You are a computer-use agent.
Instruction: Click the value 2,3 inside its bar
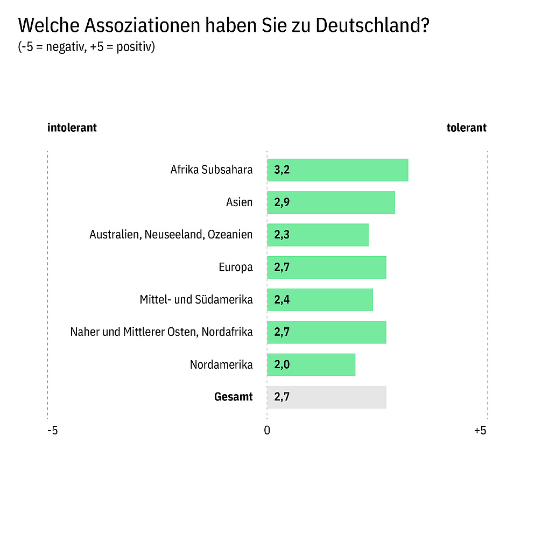pos(282,235)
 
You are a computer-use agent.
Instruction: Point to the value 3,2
pos(282,171)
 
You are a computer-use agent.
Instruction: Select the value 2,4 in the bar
pos(282,300)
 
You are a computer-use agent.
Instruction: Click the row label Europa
pos(235,267)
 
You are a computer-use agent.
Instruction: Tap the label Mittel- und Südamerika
pos(196,299)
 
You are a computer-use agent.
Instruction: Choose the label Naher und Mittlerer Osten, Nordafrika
pos(161,332)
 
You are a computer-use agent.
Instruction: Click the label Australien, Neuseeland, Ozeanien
pos(171,235)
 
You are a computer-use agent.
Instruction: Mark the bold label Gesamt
pos(233,397)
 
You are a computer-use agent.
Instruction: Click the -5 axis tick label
pos(52,431)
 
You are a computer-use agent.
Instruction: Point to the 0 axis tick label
pos(267,431)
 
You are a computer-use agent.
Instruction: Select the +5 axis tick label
pos(480,431)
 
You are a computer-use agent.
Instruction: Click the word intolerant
pos(72,128)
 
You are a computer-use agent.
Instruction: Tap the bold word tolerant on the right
pos(466,128)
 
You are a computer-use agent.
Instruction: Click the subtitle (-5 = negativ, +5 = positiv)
pos(87,47)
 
